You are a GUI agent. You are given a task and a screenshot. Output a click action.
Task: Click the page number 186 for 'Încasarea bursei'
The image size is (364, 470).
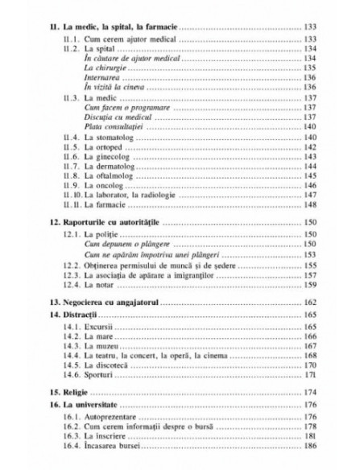(x=309, y=447)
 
